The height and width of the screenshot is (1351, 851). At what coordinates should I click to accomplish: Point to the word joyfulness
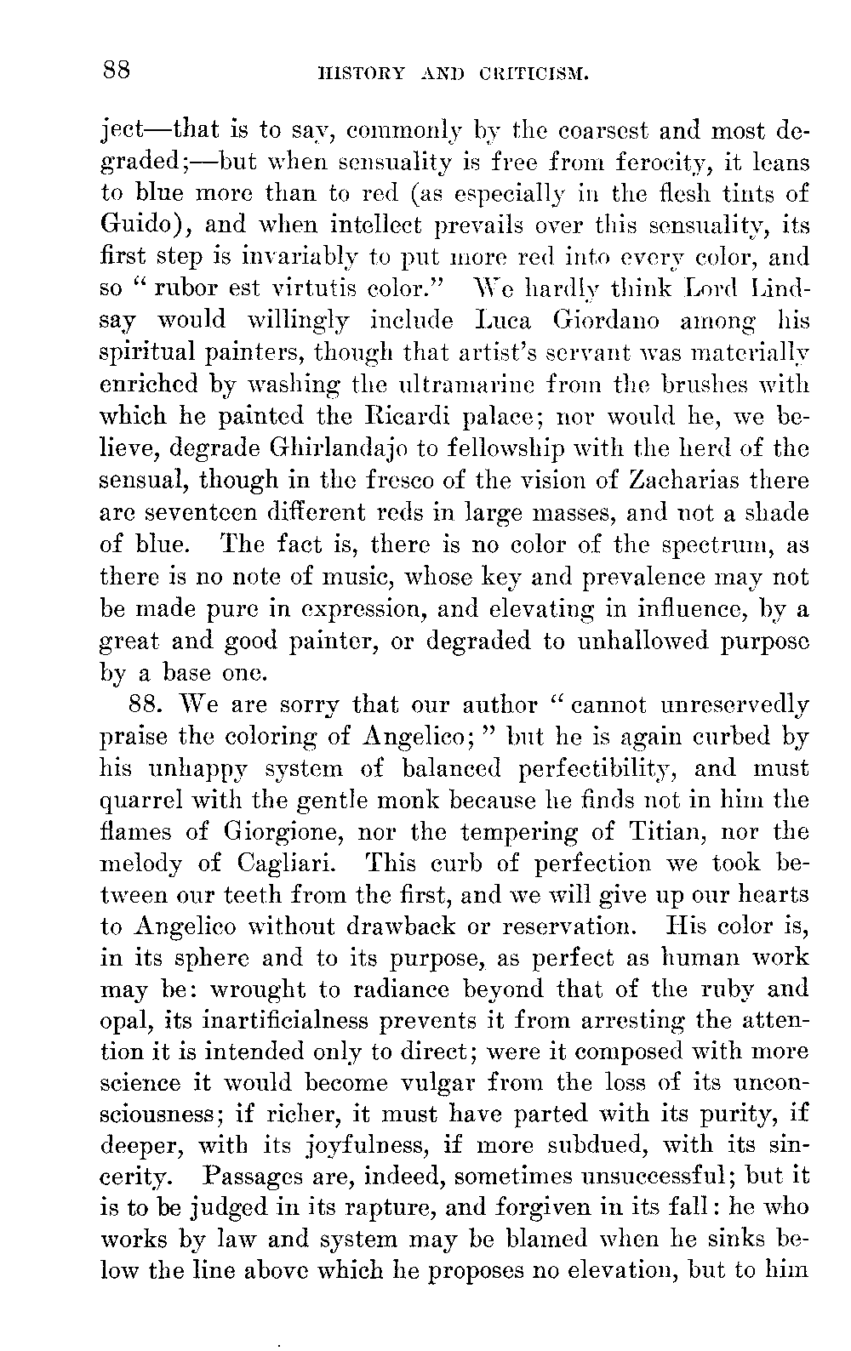coord(360,1147)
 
